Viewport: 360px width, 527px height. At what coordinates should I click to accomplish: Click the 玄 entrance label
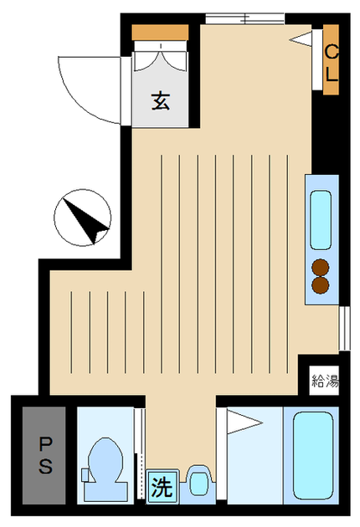pyautogui.click(x=161, y=101)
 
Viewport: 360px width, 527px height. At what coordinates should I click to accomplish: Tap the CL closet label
pyautogui.click(x=332, y=64)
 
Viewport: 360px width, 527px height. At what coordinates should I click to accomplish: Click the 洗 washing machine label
pyautogui.click(x=162, y=486)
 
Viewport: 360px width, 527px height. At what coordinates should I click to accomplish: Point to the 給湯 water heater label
pyautogui.click(x=325, y=380)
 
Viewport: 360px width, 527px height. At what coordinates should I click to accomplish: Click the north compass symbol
pyautogui.click(x=82, y=217)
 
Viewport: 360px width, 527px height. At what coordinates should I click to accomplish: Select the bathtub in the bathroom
pyautogui.click(x=313, y=455)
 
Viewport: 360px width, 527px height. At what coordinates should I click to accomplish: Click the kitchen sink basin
pyautogui.click(x=321, y=220)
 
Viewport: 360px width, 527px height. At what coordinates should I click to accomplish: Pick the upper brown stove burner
pyautogui.click(x=321, y=268)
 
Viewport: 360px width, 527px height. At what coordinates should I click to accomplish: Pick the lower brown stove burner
pyautogui.click(x=321, y=285)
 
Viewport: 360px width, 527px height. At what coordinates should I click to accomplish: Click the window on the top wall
pyautogui.click(x=245, y=18)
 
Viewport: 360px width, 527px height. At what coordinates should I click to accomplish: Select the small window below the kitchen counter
pyautogui.click(x=344, y=328)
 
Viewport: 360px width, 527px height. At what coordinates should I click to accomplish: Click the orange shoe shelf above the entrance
pyautogui.click(x=160, y=33)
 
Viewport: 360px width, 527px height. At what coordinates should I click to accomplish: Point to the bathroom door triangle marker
pyautogui.click(x=244, y=422)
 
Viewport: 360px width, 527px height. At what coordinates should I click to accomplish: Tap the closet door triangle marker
pyautogui.click(x=301, y=39)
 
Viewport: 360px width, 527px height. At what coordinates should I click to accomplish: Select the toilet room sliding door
pyautogui.click(x=141, y=453)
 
